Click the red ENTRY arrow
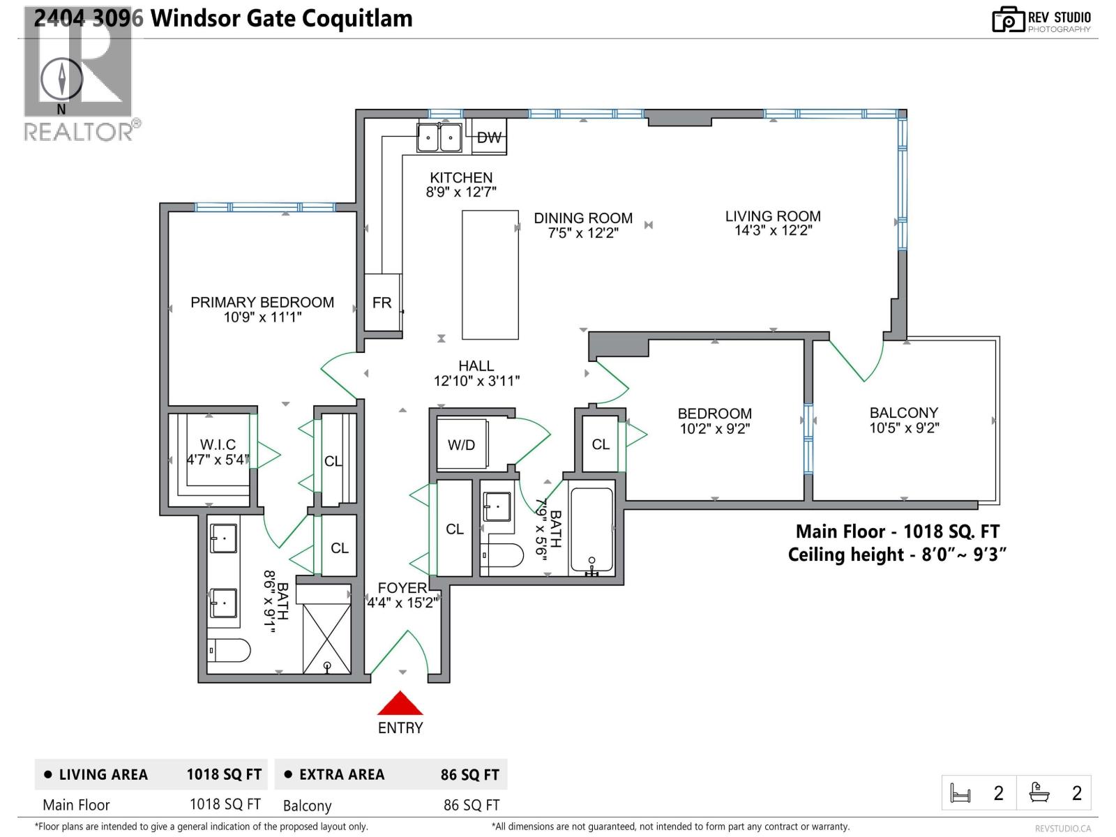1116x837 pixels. click(400, 704)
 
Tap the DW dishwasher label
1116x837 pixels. click(489, 137)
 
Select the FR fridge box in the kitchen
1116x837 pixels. click(382, 303)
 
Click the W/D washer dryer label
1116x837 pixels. click(461, 445)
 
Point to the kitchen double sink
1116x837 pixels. click(439, 137)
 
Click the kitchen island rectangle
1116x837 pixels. click(490, 275)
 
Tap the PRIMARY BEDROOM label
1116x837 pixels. click(262, 302)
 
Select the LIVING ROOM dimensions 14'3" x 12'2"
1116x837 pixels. click(773, 231)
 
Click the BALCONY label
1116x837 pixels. click(903, 412)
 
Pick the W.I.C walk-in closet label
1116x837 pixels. click(218, 444)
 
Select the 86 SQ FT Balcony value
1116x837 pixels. click(472, 805)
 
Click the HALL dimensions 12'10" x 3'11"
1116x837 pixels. click(476, 381)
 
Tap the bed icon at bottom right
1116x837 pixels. click(960, 793)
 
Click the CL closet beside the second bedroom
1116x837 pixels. click(601, 444)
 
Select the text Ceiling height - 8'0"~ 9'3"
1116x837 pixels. click(897, 555)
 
